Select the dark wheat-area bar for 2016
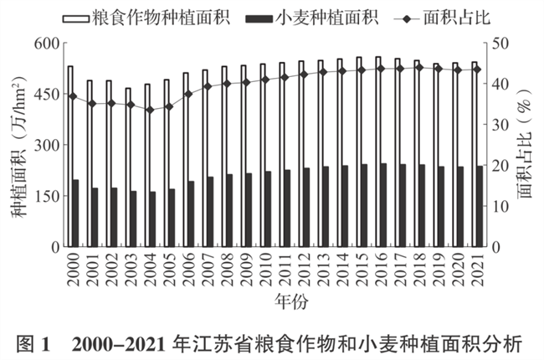(x=383, y=205)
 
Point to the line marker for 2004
(x=150, y=110)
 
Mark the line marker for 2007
(x=208, y=85)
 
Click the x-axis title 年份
(x=274, y=298)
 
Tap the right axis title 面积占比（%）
(x=526, y=147)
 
